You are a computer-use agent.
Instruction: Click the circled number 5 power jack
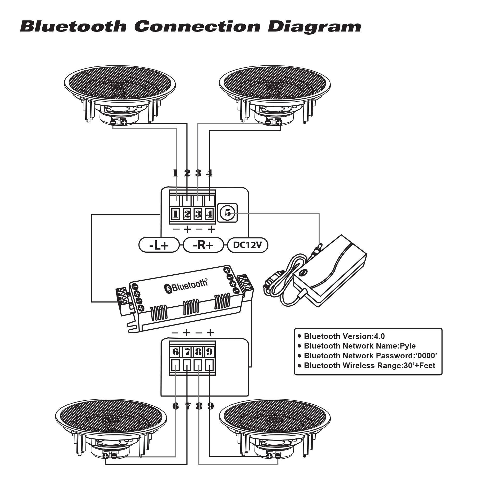coord(227,213)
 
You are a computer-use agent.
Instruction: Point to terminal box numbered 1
coord(176,214)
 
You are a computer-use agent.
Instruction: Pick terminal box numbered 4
coord(209,214)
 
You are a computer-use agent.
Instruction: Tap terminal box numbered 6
coord(175,352)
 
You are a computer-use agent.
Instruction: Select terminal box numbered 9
coord(209,352)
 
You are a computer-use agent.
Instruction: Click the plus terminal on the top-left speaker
coord(124,123)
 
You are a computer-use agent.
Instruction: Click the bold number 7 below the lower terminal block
coord(187,406)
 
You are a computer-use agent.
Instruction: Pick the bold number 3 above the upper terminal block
coord(198,173)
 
